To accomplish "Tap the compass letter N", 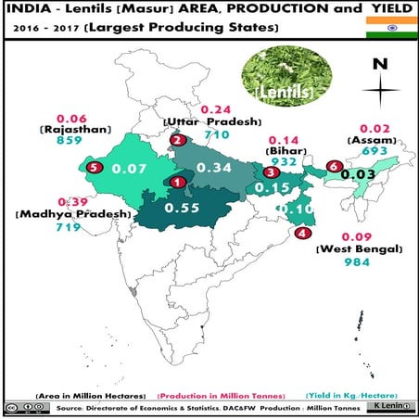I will tap(378, 65).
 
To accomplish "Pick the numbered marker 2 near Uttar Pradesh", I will tap(176, 140).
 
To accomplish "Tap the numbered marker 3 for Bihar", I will tap(270, 172).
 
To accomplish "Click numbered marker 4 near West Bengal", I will tap(302, 234).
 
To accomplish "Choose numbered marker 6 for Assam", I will tap(334, 166).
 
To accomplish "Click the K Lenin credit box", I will tap(388, 407).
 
